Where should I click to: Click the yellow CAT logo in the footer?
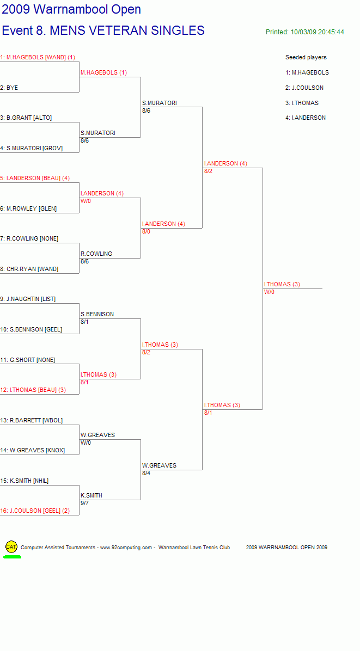pyautogui.click(x=11, y=547)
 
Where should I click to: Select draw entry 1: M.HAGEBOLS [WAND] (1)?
pyautogui.click(x=38, y=57)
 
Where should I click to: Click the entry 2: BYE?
pyautogui.click(x=9, y=88)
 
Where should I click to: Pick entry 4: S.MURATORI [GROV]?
pyautogui.click(x=32, y=148)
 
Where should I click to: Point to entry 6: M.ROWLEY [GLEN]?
pyautogui.click(x=29, y=208)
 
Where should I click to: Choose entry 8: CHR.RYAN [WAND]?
pyautogui.click(x=29, y=269)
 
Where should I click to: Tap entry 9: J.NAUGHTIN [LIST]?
pyautogui.click(x=28, y=299)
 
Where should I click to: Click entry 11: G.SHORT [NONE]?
pyautogui.click(x=27, y=360)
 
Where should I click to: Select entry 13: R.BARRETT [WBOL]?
pyautogui.click(x=32, y=420)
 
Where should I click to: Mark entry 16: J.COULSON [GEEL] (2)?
pyautogui.click(x=35, y=511)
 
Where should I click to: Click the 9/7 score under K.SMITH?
pyautogui.click(x=85, y=503)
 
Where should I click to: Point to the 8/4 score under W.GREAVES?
pyautogui.click(x=146, y=473)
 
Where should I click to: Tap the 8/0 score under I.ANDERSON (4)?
pyautogui.click(x=146, y=231)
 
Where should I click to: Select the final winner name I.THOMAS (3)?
pyautogui.click(x=282, y=284)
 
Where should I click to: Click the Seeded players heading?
pyautogui.click(x=306, y=57)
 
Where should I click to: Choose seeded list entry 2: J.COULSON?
pyautogui.click(x=304, y=88)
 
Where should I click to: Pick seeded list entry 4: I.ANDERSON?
pyautogui.click(x=306, y=118)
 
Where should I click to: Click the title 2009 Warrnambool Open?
pyautogui.click(x=71, y=9)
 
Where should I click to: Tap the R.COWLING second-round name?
pyautogui.click(x=96, y=254)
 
